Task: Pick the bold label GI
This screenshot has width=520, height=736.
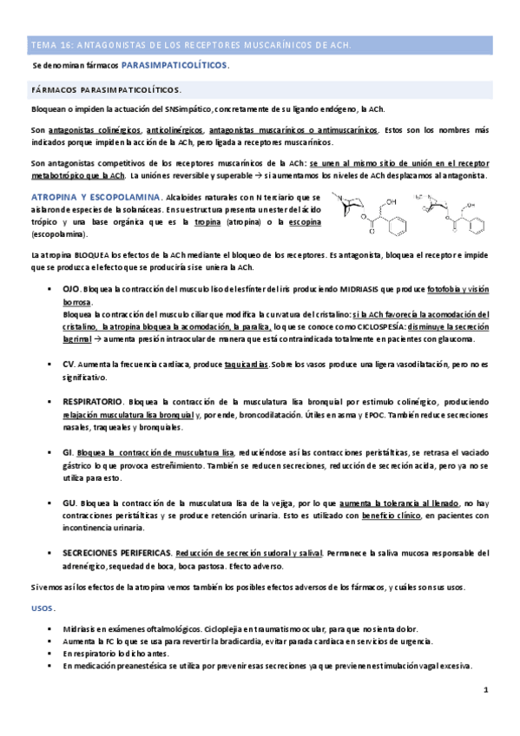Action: [69, 453]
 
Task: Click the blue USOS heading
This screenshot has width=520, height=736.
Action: [42, 608]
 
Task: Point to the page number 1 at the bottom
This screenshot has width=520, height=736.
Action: [486, 690]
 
